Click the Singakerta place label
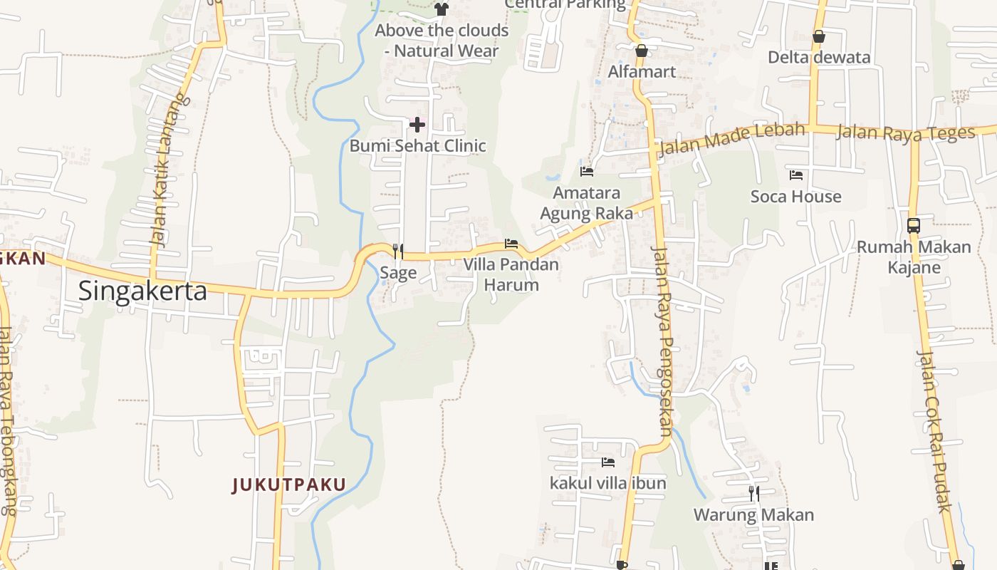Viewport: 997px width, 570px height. (142, 291)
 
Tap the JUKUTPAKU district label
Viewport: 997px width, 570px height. (289, 485)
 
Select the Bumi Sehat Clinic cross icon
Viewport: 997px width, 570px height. (417, 125)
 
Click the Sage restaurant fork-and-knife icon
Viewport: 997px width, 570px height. (398, 251)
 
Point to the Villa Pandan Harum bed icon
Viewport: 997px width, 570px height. (511, 244)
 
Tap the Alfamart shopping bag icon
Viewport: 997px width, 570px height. (642, 51)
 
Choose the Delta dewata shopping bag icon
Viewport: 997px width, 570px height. (819, 36)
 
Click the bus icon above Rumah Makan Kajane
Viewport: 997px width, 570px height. (914, 226)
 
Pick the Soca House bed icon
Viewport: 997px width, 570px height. (796, 175)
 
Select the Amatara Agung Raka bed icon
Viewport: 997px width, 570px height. (587, 172)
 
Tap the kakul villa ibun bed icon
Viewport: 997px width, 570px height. (607, 462)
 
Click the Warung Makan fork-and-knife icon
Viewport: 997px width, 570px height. (753, 493)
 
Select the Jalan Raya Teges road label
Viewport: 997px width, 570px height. (905, 133)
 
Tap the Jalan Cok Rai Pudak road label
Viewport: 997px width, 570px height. (935, 430)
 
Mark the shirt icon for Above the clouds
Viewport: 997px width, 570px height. (442, 9)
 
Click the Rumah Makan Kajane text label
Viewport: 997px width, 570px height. (914, 257)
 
